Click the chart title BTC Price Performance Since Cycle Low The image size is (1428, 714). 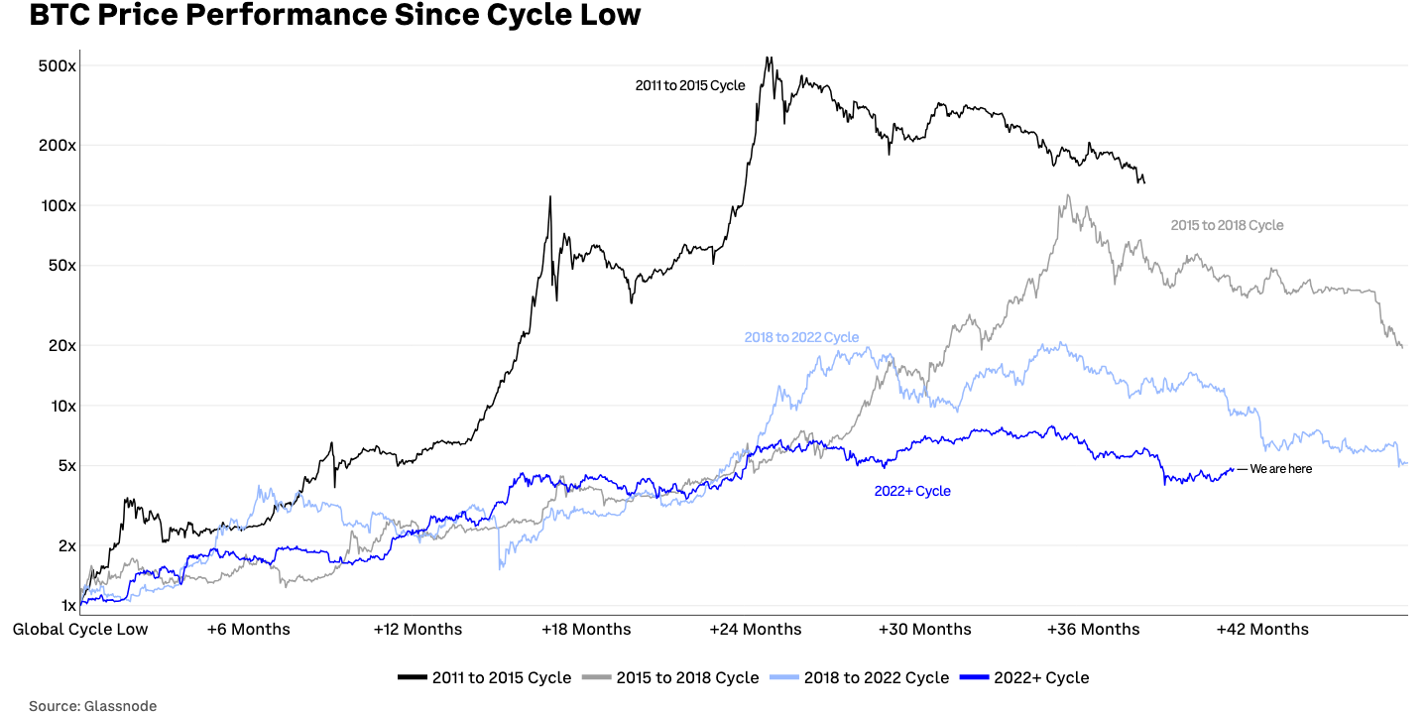(x=335, y=16)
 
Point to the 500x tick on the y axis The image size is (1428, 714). (x=58, y=66)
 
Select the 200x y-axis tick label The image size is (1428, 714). (x=58, y=146)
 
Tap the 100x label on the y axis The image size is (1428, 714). (x=58, y=205)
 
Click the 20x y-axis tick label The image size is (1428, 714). (x=60, y=346)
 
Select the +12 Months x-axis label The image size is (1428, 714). (x=417, y=629)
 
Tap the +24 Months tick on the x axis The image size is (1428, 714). (x=756, y=629)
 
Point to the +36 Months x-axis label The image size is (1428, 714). (x=1094, y=629)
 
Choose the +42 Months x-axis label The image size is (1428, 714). (x=1262, y=629)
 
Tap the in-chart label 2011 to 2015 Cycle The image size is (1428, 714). (x=690, y=86)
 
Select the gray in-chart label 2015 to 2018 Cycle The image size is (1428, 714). (x=1227, y=225)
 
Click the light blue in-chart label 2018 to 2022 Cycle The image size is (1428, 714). (x=801, y=337)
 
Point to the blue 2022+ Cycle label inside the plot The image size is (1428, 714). (x=912, y=491)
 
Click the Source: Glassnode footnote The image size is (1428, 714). (x=92, y=705)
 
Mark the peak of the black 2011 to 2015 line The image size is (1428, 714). (x=768, y=58)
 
